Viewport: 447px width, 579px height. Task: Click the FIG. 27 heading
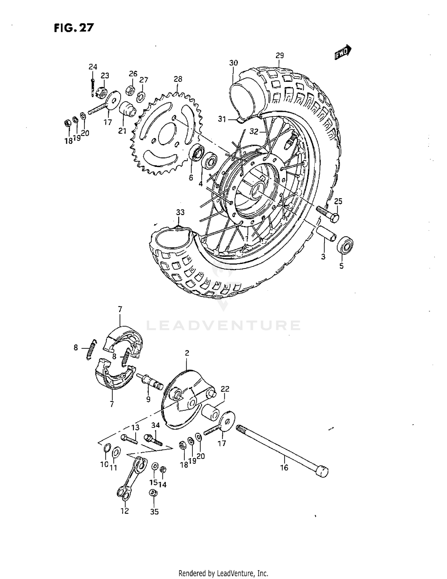[74, 28]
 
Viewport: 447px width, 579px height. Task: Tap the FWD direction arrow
[343, 53]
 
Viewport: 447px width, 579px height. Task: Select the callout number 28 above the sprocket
[178, 79]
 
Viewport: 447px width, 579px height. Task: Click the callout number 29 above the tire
[280, 55]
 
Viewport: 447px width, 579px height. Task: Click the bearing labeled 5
[345, 245]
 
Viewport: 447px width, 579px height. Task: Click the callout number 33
[180, 212]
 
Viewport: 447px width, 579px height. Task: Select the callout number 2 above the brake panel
[187, 353]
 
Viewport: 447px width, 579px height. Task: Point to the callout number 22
[225, 389]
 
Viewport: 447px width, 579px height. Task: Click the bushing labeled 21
[128, 110]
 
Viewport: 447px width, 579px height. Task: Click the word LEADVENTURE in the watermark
[223, 326]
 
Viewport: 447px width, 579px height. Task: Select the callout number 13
[135, 428]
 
